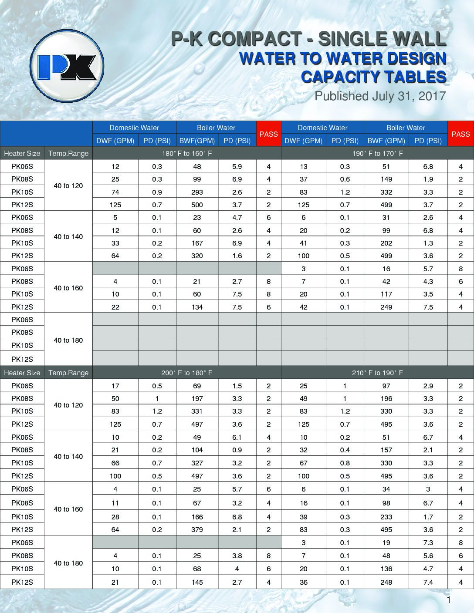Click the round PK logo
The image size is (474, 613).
[67, 66]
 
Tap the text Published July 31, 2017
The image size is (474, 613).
[380, 96]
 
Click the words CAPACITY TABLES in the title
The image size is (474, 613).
[373, 77]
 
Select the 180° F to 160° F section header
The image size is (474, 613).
[187, 153]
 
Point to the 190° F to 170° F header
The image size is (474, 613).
[377, 153]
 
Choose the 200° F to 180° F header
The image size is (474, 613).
[187, 373]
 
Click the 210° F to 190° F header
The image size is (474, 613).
[377, 373]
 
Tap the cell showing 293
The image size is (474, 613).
[197, 192]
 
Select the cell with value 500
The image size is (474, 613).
[197, 205]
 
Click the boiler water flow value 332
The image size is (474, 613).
[386, 192]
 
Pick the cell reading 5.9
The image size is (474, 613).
[237, 166]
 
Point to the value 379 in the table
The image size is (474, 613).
[197, 529]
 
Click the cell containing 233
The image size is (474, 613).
[386, 517]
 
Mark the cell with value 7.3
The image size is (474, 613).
[428, 542]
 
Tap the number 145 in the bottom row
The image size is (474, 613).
[197, 582]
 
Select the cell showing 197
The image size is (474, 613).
[197, 398]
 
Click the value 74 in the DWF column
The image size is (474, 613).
[115, 192]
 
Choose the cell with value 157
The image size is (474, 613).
[386, 450]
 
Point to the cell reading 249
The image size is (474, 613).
[386, 307]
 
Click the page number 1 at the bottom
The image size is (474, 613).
[448, 601]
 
